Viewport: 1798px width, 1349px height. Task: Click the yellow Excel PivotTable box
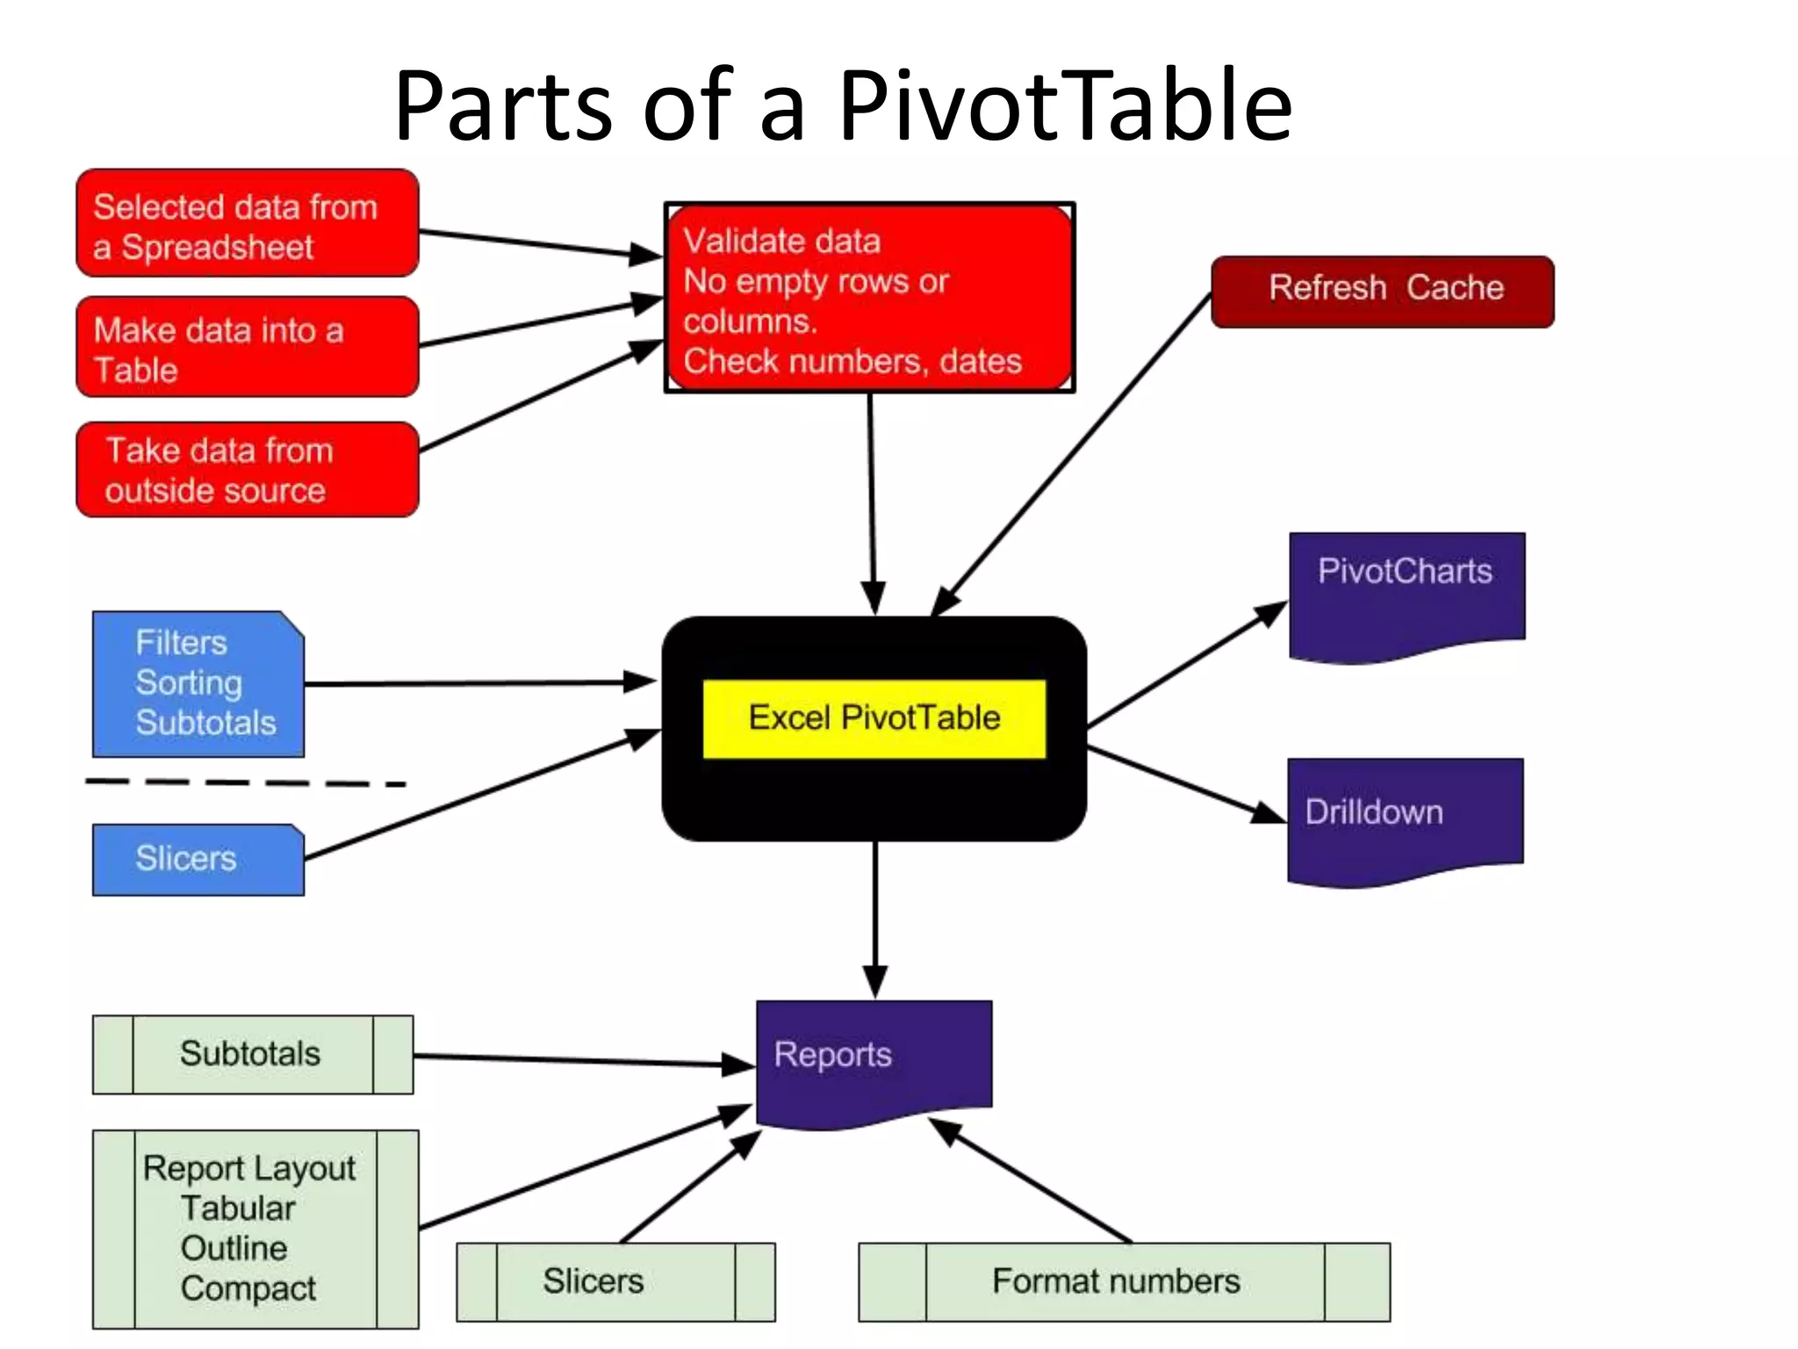tap(874, 718)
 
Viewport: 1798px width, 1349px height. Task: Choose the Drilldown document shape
tap(1405, 817)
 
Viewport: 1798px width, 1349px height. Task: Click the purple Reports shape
tap(874, 1058)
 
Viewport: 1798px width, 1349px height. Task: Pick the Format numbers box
tap(1124, 1281)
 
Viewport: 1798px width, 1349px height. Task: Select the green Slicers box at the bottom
tap(615, 1281)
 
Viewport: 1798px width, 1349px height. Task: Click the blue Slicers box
tap(198, 859)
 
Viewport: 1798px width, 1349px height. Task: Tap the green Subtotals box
tap(253, 1054)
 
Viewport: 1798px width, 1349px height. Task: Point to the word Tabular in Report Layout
tap(238, 1208)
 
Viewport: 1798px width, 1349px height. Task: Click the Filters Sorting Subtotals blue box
tap(198, 683)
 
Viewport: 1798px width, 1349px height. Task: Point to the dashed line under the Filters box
tap(246, 783)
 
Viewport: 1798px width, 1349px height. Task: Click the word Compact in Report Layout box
tap(248, 1288)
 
